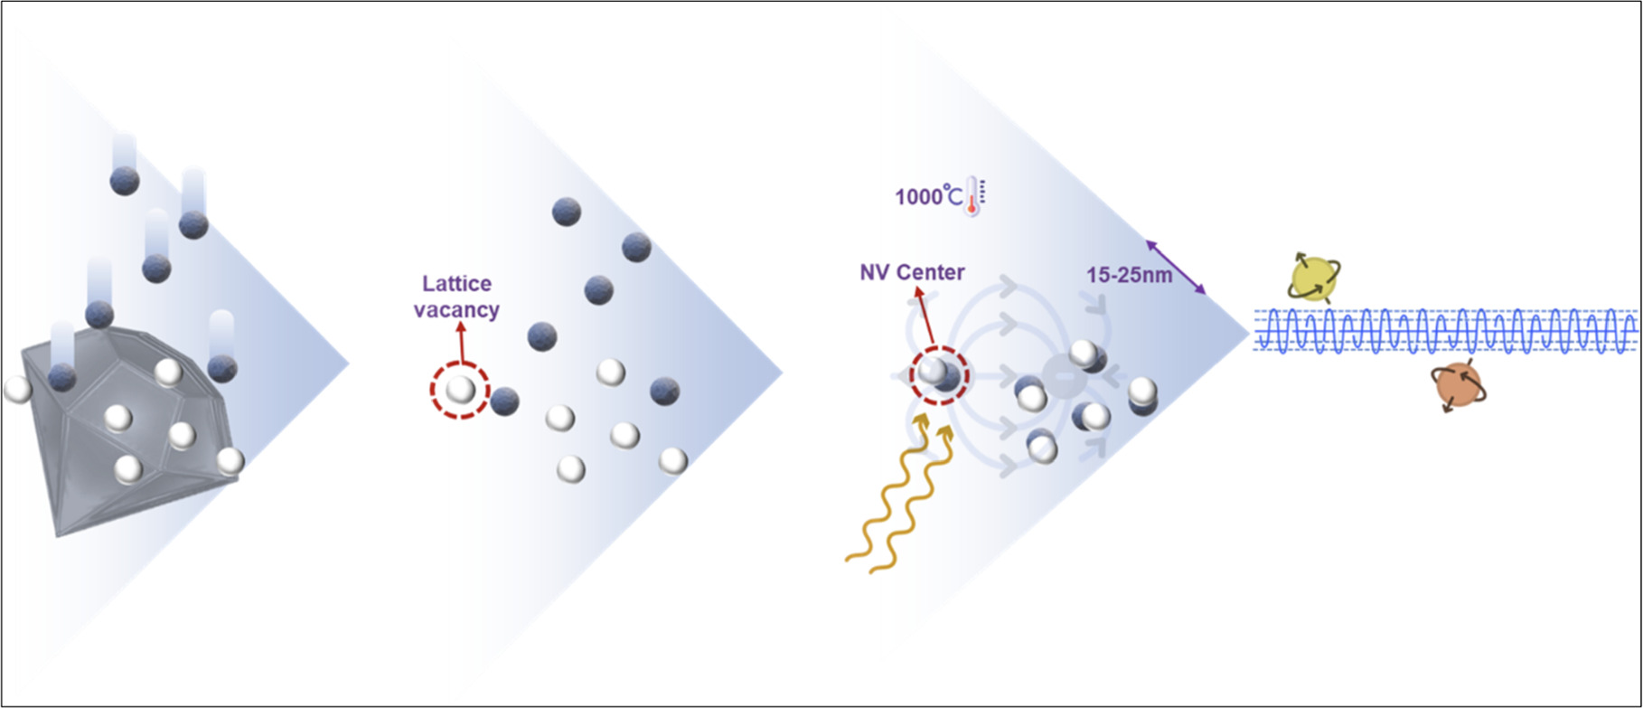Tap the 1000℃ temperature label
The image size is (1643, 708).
click(928, 196)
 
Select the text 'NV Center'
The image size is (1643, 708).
click(912, 272)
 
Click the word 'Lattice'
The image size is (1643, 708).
click(457, 284)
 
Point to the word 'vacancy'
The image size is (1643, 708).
click(456, 310)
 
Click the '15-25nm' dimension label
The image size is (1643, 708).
click(1129, 275)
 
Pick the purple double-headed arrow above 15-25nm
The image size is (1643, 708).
click(1176, 267)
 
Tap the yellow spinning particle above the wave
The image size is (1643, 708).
click(1313, 278)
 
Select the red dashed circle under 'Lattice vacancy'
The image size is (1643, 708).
click(459, 390)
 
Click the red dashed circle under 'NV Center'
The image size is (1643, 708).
click(939, 375)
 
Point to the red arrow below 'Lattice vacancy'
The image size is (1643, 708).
click(460, 344)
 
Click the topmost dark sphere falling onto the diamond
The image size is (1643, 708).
click(124, 180)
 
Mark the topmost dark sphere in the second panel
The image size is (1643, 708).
click(567, 212)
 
